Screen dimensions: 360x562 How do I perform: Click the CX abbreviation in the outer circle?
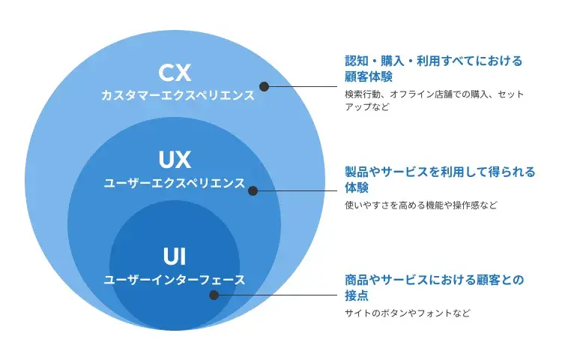175,73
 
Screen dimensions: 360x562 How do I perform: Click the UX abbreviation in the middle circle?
175,160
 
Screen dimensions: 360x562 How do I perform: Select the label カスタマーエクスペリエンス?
178,96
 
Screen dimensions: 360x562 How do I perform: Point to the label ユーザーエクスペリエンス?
175,183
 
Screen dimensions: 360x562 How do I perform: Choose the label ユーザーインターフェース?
175,280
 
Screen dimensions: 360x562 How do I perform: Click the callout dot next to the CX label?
263,86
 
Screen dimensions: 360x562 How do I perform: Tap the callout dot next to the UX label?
253,191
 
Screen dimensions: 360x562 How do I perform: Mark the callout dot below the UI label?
214,295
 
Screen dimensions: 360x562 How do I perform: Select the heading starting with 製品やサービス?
440,172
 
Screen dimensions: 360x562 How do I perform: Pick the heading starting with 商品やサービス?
434,280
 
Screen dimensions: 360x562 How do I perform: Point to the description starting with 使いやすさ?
420,205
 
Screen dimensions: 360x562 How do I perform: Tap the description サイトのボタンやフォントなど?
408,313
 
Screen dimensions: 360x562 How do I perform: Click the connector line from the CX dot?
300,86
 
